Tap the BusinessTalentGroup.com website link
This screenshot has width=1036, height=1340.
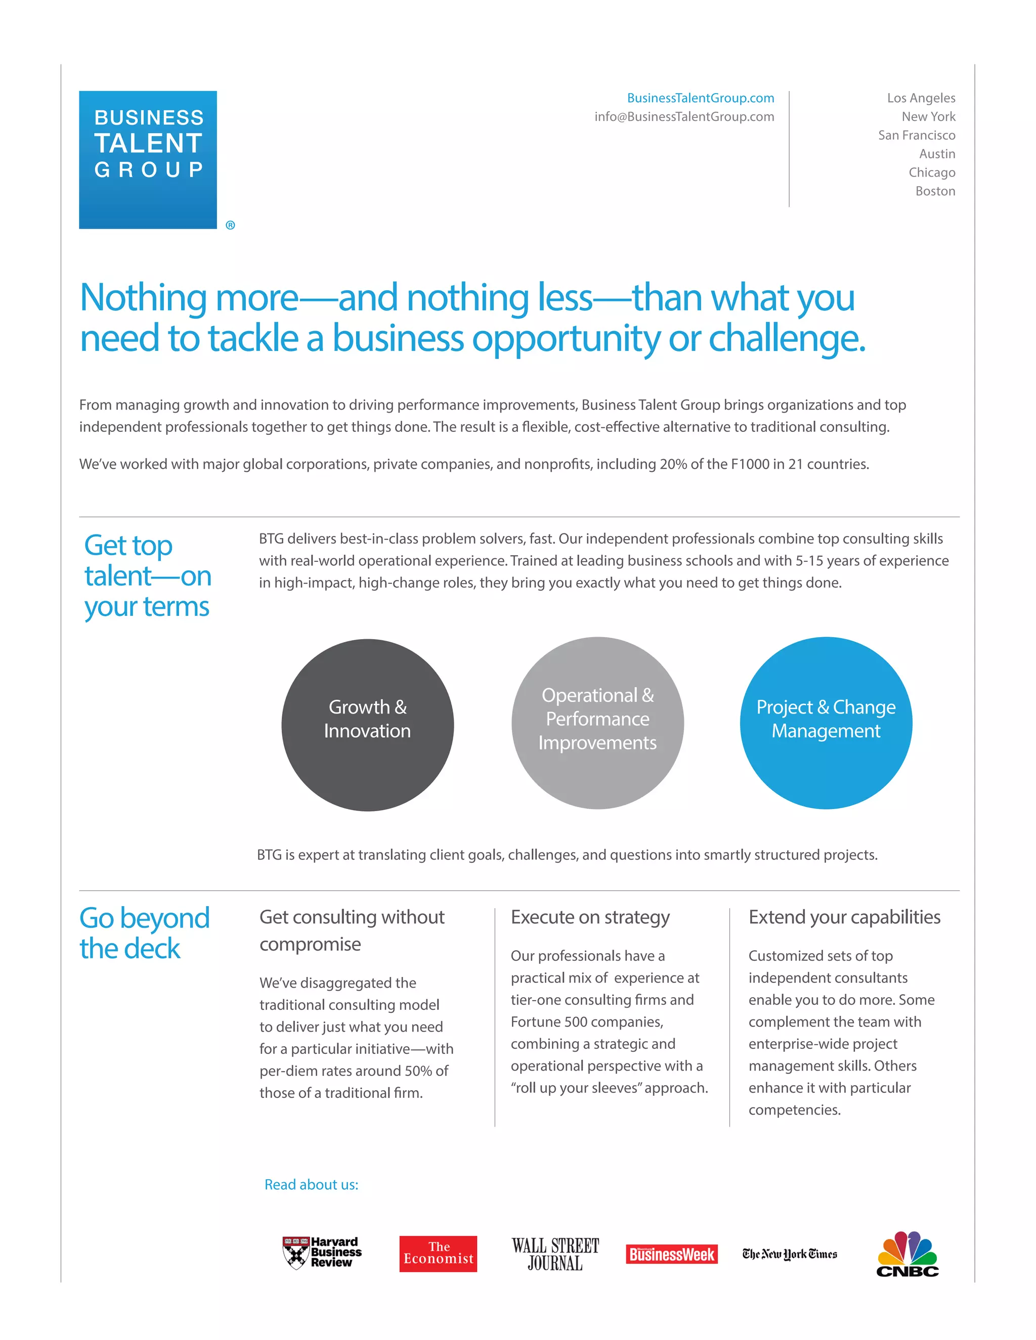click(x=700, y=98)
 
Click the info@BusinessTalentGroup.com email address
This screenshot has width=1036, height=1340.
click(x=684, y=117)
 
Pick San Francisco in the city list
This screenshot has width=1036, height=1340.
click(x=916, y=135)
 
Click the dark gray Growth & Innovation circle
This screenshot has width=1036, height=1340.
click(x=368, y=725)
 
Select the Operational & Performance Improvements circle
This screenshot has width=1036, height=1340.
click(x=597, y=723)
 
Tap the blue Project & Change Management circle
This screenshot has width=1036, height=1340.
click(x=826, y=723)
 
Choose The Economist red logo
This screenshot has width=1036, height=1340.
click(x=438, y=1253)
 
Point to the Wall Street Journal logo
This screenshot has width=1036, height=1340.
click(x=555, y=1254)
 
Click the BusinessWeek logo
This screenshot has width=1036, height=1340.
click(x=671, y=1254)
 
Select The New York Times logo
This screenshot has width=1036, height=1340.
click(x=789, y=1254)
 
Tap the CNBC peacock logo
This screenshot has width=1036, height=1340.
click(x=907, y=1254)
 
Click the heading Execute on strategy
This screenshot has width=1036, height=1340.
click(x=590, y=917)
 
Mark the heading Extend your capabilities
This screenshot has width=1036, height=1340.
click(x=844, y=917)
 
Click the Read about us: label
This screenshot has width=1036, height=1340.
click(x=311, y=1184)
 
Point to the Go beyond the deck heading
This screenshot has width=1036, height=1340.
click(x=144, y=932)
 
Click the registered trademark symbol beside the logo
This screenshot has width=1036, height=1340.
click(x=230, y=225)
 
